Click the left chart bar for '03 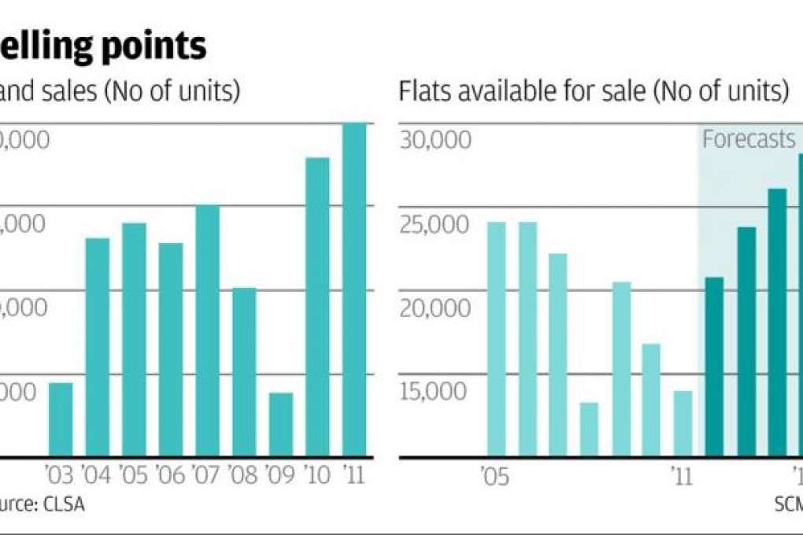pyautogui.click(x=61, y=419)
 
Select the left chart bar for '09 pyautogui.click(x=280, y=424)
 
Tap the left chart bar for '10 pyautogui.click(x=317, y=307)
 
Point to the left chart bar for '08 pyautogui.click(x=244, y=371)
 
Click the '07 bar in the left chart pyautogui.click(x=207, y=330)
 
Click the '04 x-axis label pyautogui.click(x=98, y=476)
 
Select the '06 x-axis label pyautogui.click(x=171, y=476)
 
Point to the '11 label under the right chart pyautogui.click(x=682, y=476)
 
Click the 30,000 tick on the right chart pyautogui.click(x=435, y=139)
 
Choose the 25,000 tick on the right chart pyautogui.click(x=435, y=223)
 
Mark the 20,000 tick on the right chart pyautogui.click(x=435, y=308)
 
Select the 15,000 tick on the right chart pyautogui.click(x=435, y=391)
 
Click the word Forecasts pyautogui.click(x=749, y=139)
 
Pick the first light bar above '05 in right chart pyautogui.click(x=497, y=339)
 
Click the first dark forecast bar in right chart pyautogui.click(x=714, y=367)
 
